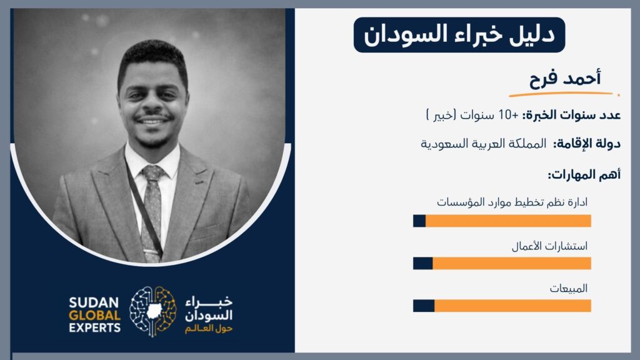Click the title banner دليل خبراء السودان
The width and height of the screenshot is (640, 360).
(x=459, y=35)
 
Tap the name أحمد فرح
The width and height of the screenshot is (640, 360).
(x=565, y=77)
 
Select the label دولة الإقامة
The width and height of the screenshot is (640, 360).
(x=586, y=144)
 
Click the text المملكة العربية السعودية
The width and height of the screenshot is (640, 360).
(x=483, y=144)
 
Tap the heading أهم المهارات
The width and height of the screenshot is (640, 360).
(x=584, y=175)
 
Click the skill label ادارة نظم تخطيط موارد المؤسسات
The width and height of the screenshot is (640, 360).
(x=512, y=202)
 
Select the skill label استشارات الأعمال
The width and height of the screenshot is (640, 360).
(x=549, y=246)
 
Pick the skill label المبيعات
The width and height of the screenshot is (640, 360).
(x=568, y=289)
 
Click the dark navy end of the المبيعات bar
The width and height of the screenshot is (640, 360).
(x=424, y=306)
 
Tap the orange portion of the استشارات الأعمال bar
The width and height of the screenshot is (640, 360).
(x=512, y=263)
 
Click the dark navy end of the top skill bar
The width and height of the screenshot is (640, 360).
(x=419, y=221)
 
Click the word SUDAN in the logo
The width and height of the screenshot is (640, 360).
(x=94, y=302)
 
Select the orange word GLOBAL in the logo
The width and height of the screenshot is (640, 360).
(x=95, y=315)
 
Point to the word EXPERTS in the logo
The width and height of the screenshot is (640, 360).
(x=95, y=327)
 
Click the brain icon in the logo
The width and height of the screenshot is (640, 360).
(x=153, y=311)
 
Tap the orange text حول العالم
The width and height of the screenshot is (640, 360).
(x=209, y=329)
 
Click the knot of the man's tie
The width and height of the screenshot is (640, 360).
(x=152, y=173)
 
